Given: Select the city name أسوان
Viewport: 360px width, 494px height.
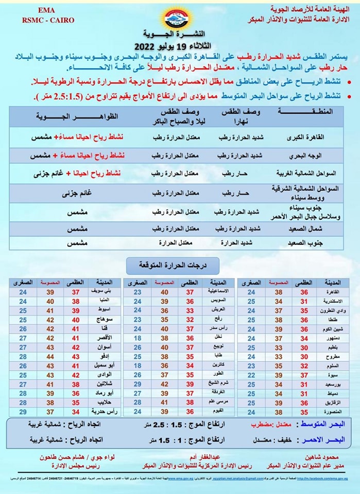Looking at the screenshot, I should coord(103,347).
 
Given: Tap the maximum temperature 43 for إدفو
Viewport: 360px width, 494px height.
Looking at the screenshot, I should coord(76,357).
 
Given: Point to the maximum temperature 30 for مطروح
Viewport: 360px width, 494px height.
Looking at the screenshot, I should coord(304,357).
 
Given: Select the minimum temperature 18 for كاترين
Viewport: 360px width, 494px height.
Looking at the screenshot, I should coord(138,365).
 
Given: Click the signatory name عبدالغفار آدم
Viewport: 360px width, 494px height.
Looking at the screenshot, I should coord(201,457).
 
